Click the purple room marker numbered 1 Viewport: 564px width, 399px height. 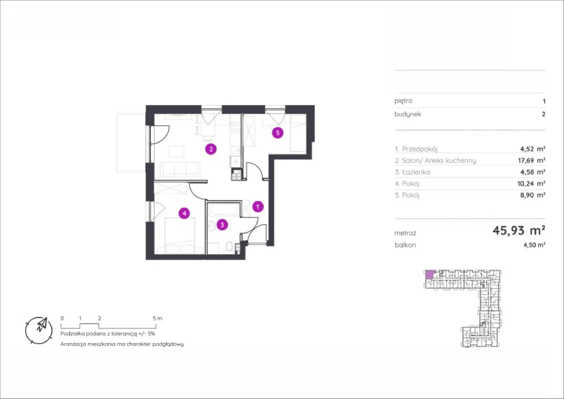(258, 207)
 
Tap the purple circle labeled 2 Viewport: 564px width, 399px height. (211, 149)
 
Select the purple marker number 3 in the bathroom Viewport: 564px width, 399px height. (222, 225)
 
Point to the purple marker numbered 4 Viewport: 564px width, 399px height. (184, 214)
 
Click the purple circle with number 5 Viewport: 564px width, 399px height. (278, 133)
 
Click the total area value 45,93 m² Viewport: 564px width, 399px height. (519, 230)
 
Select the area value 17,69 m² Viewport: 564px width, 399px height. (532, 160)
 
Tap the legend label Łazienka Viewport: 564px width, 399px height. (416, 172)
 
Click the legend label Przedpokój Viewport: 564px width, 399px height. (419, 149)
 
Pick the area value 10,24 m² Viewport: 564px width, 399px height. (531, 184)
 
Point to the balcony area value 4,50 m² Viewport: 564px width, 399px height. (534, 245)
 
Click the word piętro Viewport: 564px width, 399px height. (403, 101)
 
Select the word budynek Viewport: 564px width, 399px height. (407, 114)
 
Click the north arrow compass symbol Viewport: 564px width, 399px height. (39, 330)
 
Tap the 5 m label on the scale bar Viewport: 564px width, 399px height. (157, 318)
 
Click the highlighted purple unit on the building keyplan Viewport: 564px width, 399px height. (430, 274)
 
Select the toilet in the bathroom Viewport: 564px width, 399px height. (229, 246)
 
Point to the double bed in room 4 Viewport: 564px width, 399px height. (180, 236)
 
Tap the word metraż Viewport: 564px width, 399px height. (405, 233)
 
